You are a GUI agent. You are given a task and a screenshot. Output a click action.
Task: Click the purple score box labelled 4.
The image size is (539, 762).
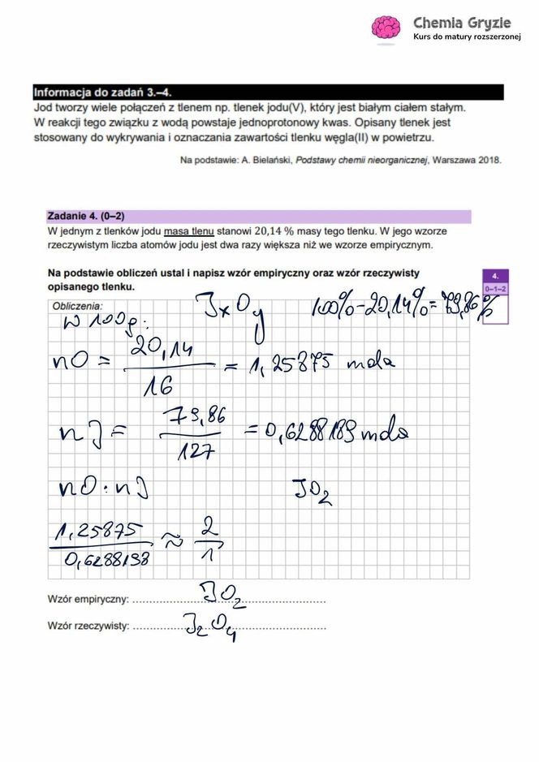(494, 276)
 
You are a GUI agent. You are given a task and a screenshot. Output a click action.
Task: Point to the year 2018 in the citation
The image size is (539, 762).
(488, 161)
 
